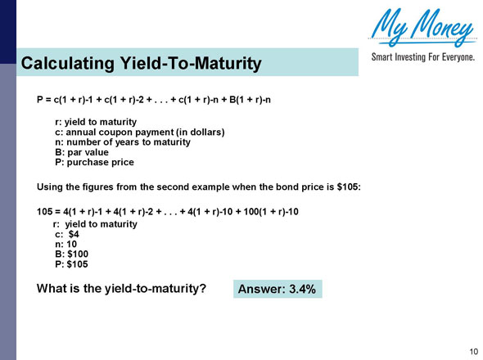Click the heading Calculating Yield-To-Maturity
pos(141,62)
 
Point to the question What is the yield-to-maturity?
pos(120,288)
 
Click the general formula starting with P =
pos(158,100)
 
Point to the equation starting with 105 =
pos(168,211)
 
